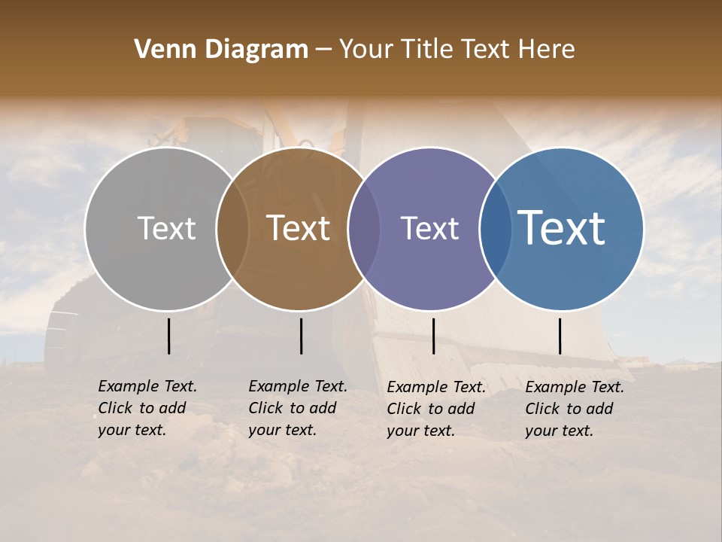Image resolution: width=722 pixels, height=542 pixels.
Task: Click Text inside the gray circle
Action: (166, 228)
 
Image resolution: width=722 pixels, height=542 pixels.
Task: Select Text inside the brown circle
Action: (299, 228)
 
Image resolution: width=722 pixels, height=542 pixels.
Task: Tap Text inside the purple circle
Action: (429, 228)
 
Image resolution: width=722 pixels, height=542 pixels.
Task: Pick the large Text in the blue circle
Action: (561, 228)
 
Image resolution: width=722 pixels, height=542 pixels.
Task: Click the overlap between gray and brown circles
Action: (232, 229)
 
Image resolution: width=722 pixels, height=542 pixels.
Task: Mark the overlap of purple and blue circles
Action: (496, 229)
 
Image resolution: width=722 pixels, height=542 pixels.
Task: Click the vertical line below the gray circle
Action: (168, 336)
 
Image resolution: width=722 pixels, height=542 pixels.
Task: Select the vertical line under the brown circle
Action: (301, 336)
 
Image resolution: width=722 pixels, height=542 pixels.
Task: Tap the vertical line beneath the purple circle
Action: (433, 336)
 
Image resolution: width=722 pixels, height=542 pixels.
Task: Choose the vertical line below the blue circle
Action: (560, 336)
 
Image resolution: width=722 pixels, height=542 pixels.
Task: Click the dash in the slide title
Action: (323, 50)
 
